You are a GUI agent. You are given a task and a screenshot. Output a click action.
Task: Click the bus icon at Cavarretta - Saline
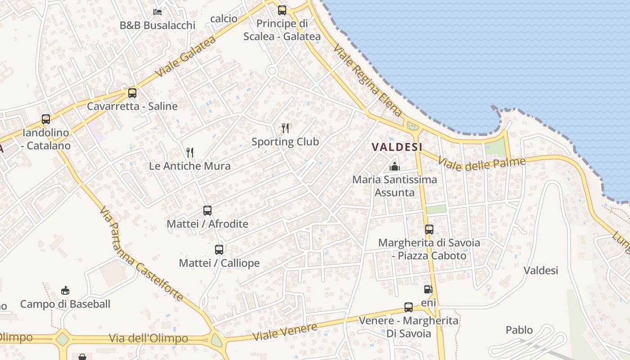132,93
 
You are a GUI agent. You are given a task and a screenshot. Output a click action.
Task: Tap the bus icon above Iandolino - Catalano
46,119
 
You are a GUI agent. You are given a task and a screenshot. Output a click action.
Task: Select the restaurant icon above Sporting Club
285,128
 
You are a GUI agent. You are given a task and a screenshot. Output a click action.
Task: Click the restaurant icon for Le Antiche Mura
190,153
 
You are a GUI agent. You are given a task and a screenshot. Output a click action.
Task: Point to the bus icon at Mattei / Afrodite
207,210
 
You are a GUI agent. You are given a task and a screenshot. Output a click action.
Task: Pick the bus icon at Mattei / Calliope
219,249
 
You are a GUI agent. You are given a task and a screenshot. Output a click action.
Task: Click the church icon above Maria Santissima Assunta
395,166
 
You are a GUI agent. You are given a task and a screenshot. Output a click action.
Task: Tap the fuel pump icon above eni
428,289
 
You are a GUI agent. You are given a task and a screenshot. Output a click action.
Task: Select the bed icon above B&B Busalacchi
157,12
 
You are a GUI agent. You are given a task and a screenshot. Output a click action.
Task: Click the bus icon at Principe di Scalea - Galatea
282,10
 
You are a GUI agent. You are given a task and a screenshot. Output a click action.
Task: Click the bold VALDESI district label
397,147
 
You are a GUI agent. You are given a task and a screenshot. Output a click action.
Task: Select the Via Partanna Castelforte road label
141,254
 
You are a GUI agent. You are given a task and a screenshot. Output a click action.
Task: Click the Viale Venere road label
284,332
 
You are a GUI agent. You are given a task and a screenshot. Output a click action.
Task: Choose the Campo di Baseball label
65,304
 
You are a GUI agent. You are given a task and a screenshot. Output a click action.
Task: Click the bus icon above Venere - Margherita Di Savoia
409,307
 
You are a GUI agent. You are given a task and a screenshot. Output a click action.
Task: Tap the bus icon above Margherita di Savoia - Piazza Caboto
429,229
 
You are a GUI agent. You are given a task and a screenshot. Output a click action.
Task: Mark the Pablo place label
519,330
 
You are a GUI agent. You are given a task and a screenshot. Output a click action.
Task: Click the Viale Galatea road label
185,56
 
